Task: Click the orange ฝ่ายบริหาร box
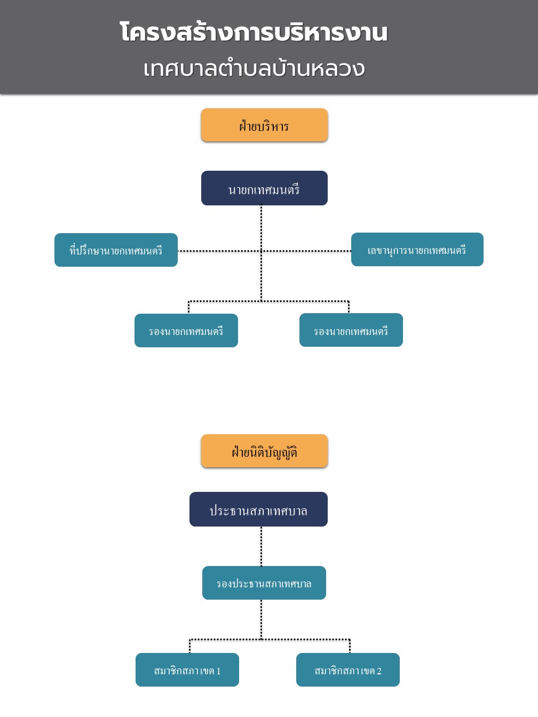[264, 125]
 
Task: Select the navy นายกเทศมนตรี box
[264, 188]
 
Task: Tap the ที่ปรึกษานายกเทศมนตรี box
[116, 250]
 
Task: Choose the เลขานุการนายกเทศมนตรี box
[417, 249]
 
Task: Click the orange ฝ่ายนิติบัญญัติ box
[264, 451]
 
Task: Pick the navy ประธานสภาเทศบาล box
[258, 509]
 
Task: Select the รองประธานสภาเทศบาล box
[264, 583]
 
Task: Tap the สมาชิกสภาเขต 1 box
[187, 670]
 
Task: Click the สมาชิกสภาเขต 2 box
[348, 670]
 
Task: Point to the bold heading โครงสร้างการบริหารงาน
[254, 33]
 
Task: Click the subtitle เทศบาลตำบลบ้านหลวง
[254, 69]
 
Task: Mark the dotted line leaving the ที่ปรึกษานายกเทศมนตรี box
[219, 251]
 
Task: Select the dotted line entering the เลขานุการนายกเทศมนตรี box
[306, 251]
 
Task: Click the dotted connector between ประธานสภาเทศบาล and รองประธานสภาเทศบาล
[262, 546]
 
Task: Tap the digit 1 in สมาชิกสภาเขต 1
[218, 671]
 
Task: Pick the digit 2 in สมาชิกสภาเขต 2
[379, 671]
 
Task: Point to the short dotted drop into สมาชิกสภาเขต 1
[190, 646]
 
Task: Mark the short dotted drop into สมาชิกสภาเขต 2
[350, 646]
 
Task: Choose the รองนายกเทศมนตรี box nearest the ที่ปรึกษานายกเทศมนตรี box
[186, 330]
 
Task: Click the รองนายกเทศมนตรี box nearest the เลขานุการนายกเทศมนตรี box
[351, 330]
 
